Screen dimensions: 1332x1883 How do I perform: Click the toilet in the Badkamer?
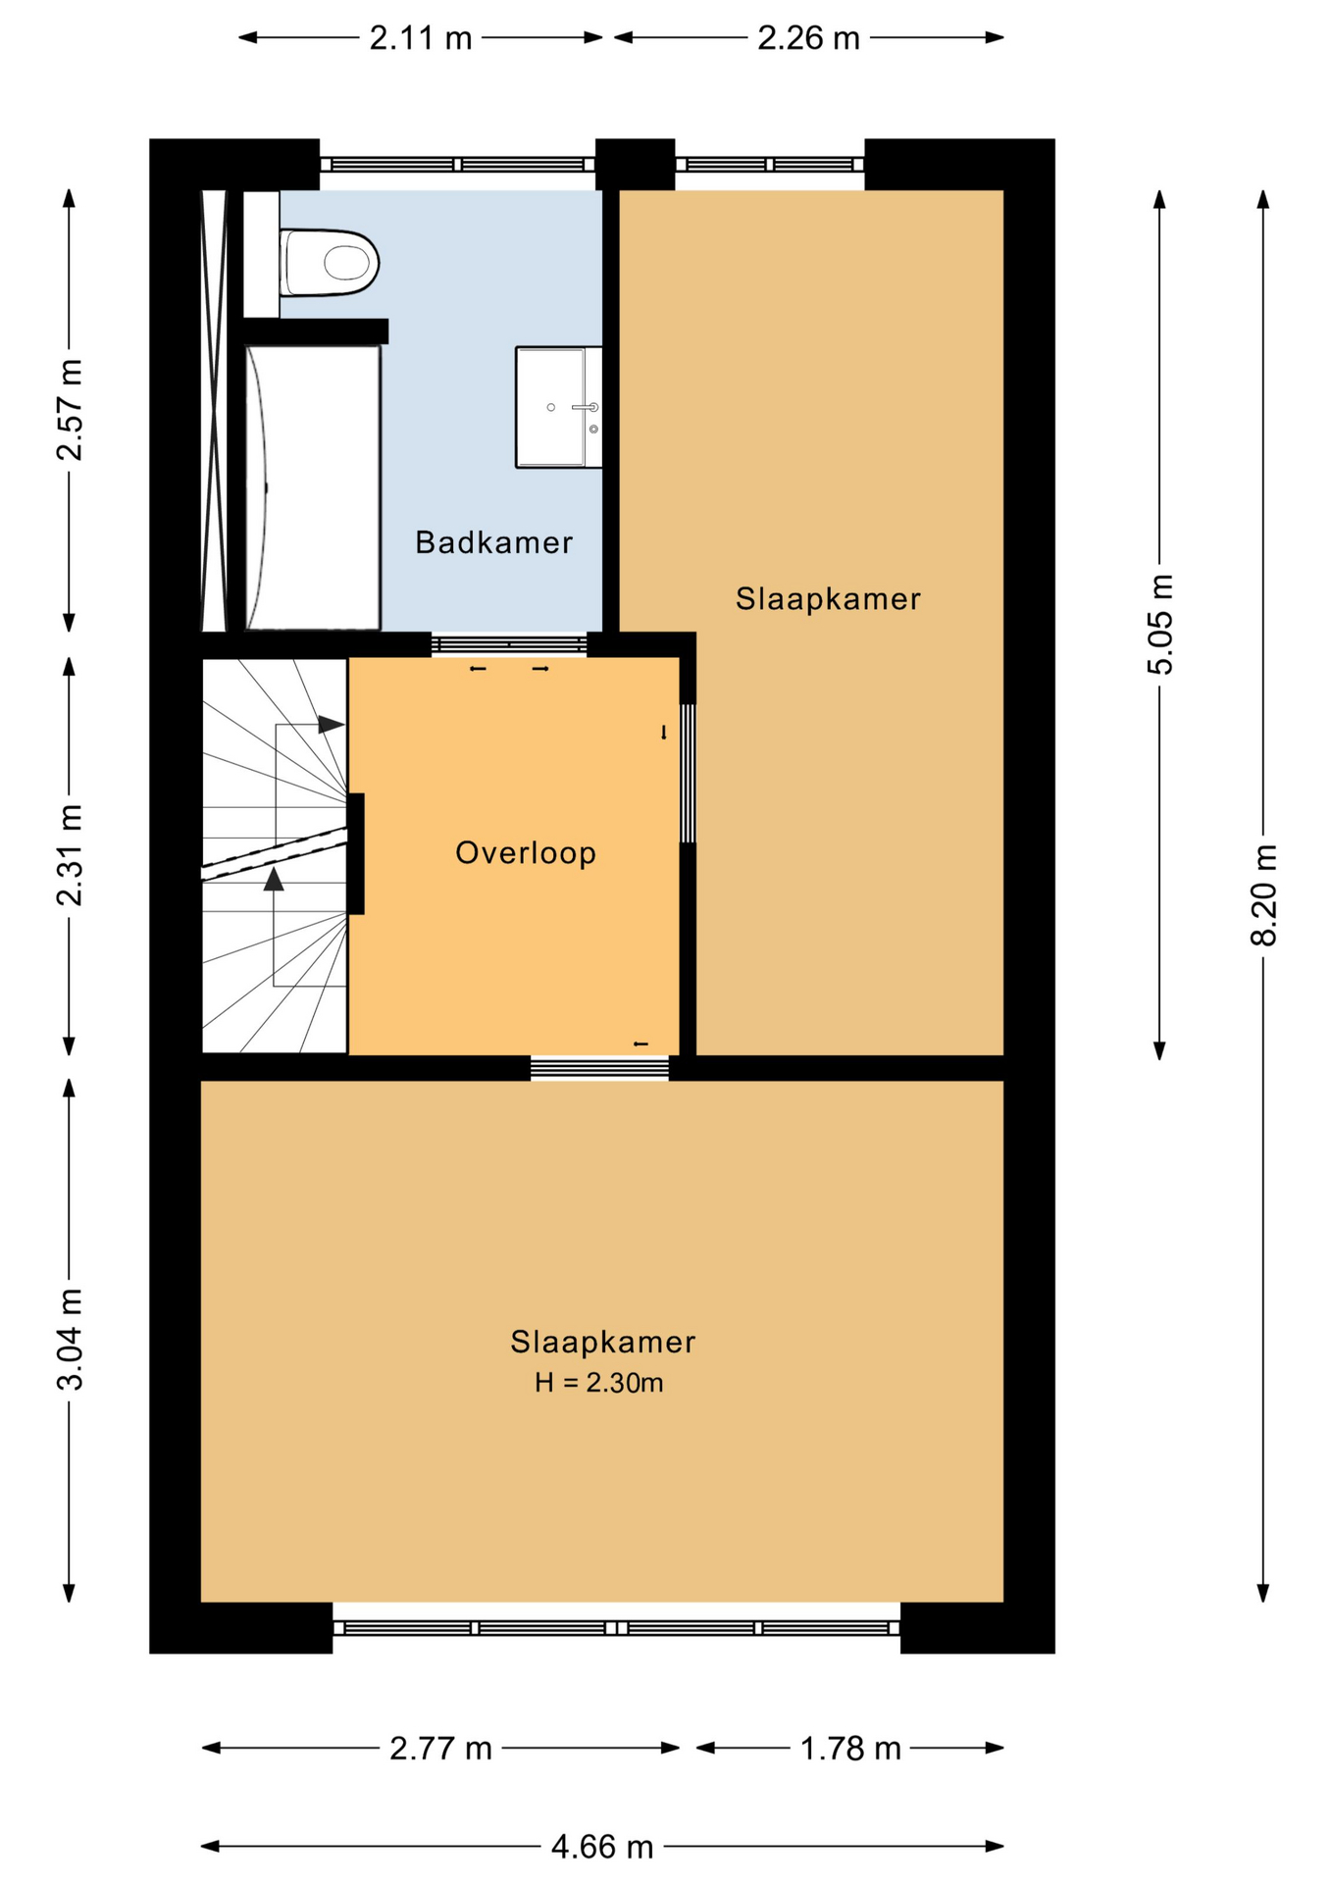329,262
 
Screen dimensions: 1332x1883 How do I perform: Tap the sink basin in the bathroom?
558,407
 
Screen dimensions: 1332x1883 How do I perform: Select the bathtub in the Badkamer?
312,487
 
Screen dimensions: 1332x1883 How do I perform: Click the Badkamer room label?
493,542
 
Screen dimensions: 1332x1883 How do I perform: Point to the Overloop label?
526,852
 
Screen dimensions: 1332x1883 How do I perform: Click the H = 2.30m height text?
598,1383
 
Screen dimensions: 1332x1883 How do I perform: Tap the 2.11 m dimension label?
421,38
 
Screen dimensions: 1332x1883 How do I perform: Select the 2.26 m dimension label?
808,38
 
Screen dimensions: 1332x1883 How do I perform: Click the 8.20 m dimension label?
1263,894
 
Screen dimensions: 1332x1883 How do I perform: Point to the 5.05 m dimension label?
1159,624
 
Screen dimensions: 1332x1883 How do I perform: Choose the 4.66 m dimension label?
602,1847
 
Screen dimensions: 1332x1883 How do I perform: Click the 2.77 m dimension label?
440,1748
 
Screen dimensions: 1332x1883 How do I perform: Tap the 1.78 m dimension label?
850,1748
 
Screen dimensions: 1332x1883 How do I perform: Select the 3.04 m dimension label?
70,1339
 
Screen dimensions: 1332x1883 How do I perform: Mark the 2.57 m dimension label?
70,410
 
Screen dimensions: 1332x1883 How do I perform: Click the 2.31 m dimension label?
70,854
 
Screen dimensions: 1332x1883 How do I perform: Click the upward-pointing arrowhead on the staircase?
274,879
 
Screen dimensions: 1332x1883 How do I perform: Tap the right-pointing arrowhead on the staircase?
332,725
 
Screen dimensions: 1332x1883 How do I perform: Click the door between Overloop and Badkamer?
509,644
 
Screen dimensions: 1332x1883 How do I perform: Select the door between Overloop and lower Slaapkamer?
599,1068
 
